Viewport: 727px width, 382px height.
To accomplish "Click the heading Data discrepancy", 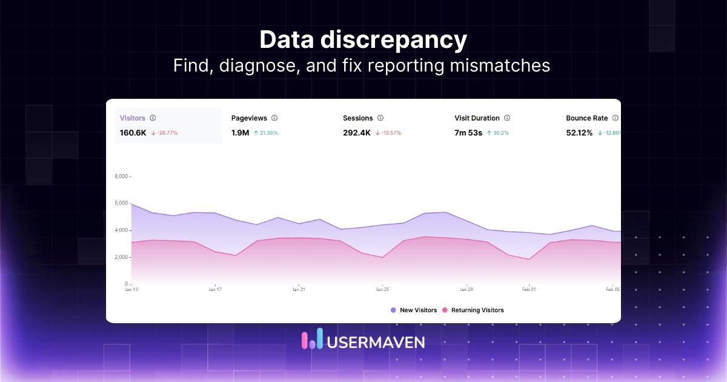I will tap(363, 40).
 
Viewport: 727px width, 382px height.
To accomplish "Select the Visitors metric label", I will tap(133, 118).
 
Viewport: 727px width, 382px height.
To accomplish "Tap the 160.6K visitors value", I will tap(133, 133).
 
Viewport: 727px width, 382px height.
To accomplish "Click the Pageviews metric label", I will tap(249, 118).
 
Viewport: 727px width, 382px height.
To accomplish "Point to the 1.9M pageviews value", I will tap(240, 133).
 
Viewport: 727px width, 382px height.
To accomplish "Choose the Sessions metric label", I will tap(357, 118).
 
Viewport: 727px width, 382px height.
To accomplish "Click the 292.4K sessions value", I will tap(356, 133).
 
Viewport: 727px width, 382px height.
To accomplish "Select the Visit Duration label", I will tap(477, 118).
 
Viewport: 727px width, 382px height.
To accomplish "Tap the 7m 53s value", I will tap(468, 133).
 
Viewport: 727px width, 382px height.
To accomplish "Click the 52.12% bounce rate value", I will tap(579, 133).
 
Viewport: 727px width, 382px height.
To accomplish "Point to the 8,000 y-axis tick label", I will tap(121, 176).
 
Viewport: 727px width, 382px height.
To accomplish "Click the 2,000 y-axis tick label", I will tap(121, 257).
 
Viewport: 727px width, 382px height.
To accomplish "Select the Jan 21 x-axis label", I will tap(299, 290).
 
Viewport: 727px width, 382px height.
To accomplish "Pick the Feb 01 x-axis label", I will tap(529, 290).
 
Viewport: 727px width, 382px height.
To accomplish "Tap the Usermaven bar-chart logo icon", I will tap(312, 340).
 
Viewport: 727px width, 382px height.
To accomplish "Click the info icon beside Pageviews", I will tap(274, 118).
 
